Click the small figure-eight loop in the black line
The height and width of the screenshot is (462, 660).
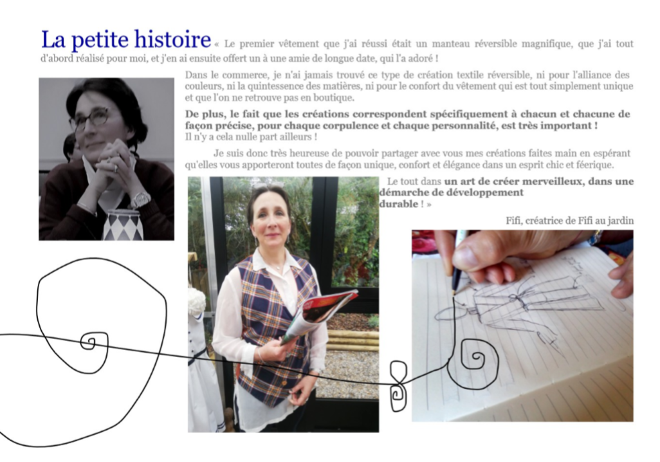pos(398,385)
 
